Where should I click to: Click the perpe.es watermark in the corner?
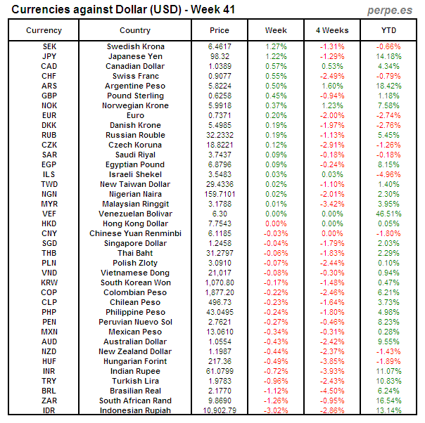tap(392, 10)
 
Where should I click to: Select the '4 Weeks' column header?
tap(332, 30)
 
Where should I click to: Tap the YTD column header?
tap(388, 30)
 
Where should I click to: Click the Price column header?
tap(220, 30)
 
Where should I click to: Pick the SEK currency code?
tap(49, 46)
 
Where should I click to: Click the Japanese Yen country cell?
tap(135, 56)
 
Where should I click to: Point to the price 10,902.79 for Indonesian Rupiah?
tap(220, 410)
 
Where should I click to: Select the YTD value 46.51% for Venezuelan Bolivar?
tap(388, 214)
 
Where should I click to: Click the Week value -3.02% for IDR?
tap(276, 410)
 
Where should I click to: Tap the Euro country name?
tap(135, 115)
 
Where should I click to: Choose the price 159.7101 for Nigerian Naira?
tap(220, 194)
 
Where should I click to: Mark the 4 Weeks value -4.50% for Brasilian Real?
tap(332, 391)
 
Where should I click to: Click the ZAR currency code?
tap(49, 401)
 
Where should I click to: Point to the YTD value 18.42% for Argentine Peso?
tap(388, 86)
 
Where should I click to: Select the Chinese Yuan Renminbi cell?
tap(135, 233)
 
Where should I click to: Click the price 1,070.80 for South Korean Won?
tap(220, 282)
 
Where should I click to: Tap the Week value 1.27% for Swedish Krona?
tap(276, 46)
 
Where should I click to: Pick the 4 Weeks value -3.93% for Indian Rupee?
tap(332, 371)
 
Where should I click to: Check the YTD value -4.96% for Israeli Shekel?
tap(388, 174)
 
